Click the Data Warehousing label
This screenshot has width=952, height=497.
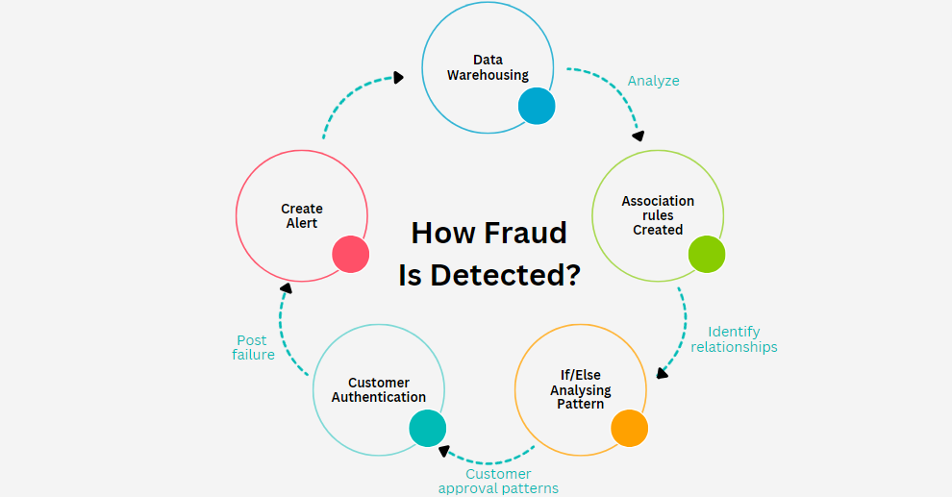[x=488, y=67]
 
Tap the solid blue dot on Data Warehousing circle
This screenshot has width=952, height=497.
[x=537, y=106]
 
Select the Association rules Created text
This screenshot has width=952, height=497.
[x=658, y=215]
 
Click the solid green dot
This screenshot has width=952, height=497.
[x=707, y=254]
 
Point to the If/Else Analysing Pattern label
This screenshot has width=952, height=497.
[x=581, y=389]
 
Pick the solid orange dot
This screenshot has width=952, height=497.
[x=629, y=427]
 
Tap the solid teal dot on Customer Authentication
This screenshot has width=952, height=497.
[x=428, y=428]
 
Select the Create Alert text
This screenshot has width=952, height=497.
[x=302, y=215]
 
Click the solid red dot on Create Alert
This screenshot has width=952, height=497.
[x=351, y=254]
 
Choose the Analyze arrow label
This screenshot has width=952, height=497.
[x=654, y=81]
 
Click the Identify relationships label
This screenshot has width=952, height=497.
[x=734, y=339]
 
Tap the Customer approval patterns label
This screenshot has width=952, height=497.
[x=498, y=481]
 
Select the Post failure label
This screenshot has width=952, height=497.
[x=253, y=347]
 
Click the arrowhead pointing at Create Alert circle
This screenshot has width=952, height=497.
[x=286, y=287]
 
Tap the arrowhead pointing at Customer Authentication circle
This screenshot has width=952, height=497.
[x=442, y=450]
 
